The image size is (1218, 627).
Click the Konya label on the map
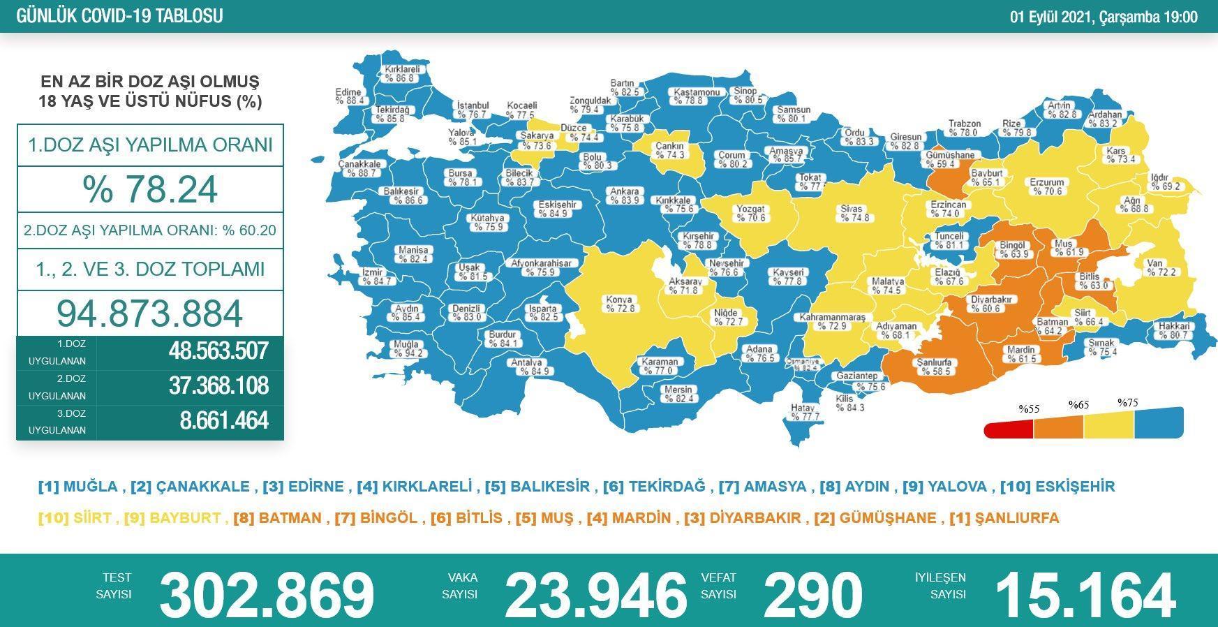[620, 304]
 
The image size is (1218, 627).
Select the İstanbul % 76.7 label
[472, 110]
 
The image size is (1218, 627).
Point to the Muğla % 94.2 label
[407, 348]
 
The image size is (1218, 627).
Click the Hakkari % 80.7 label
[1174, 330]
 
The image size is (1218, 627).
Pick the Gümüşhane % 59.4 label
[949, 160]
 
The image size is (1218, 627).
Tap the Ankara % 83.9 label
[624, 196]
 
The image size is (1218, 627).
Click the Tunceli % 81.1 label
[949, 241]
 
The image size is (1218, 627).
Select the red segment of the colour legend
[1009, 429]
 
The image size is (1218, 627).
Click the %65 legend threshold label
[1078, 404]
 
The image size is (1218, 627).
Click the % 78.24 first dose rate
[150, 189]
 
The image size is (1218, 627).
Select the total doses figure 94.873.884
[150, 313]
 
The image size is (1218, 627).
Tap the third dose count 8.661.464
[223, 421]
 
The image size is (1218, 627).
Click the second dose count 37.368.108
[218, 386]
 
